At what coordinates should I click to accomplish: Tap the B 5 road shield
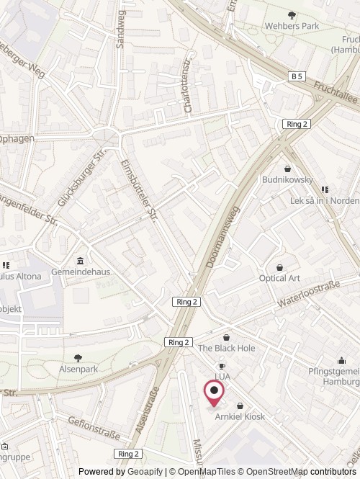297,76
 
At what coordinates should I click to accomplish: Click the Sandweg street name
120,28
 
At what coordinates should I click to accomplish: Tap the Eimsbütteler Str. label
138,189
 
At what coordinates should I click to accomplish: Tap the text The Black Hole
227,348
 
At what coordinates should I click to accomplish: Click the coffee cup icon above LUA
222,366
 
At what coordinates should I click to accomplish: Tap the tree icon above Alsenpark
78,357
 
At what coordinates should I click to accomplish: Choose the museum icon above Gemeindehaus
79,261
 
